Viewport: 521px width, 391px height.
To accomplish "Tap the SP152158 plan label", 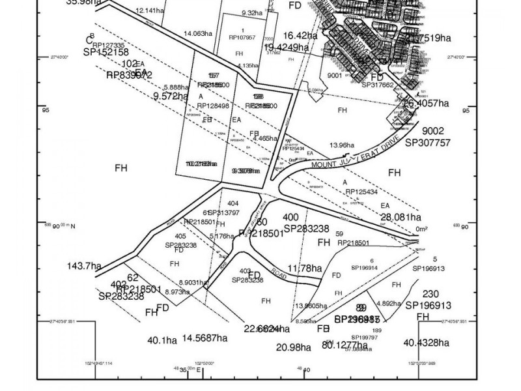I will click(106, 51).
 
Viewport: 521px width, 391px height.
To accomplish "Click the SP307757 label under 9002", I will click(427, 142).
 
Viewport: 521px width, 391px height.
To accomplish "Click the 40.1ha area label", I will click(162, 340).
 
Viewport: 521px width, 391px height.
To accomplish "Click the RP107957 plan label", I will click(242, 38).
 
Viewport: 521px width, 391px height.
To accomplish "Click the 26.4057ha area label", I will click(427, 103).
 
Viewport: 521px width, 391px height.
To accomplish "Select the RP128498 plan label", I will click(214, 105).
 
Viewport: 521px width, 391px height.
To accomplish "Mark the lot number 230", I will click(431, 294).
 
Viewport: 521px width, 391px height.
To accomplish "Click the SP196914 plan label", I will click(364, 268).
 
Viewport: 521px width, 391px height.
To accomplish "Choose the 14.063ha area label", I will click(197, 33).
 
